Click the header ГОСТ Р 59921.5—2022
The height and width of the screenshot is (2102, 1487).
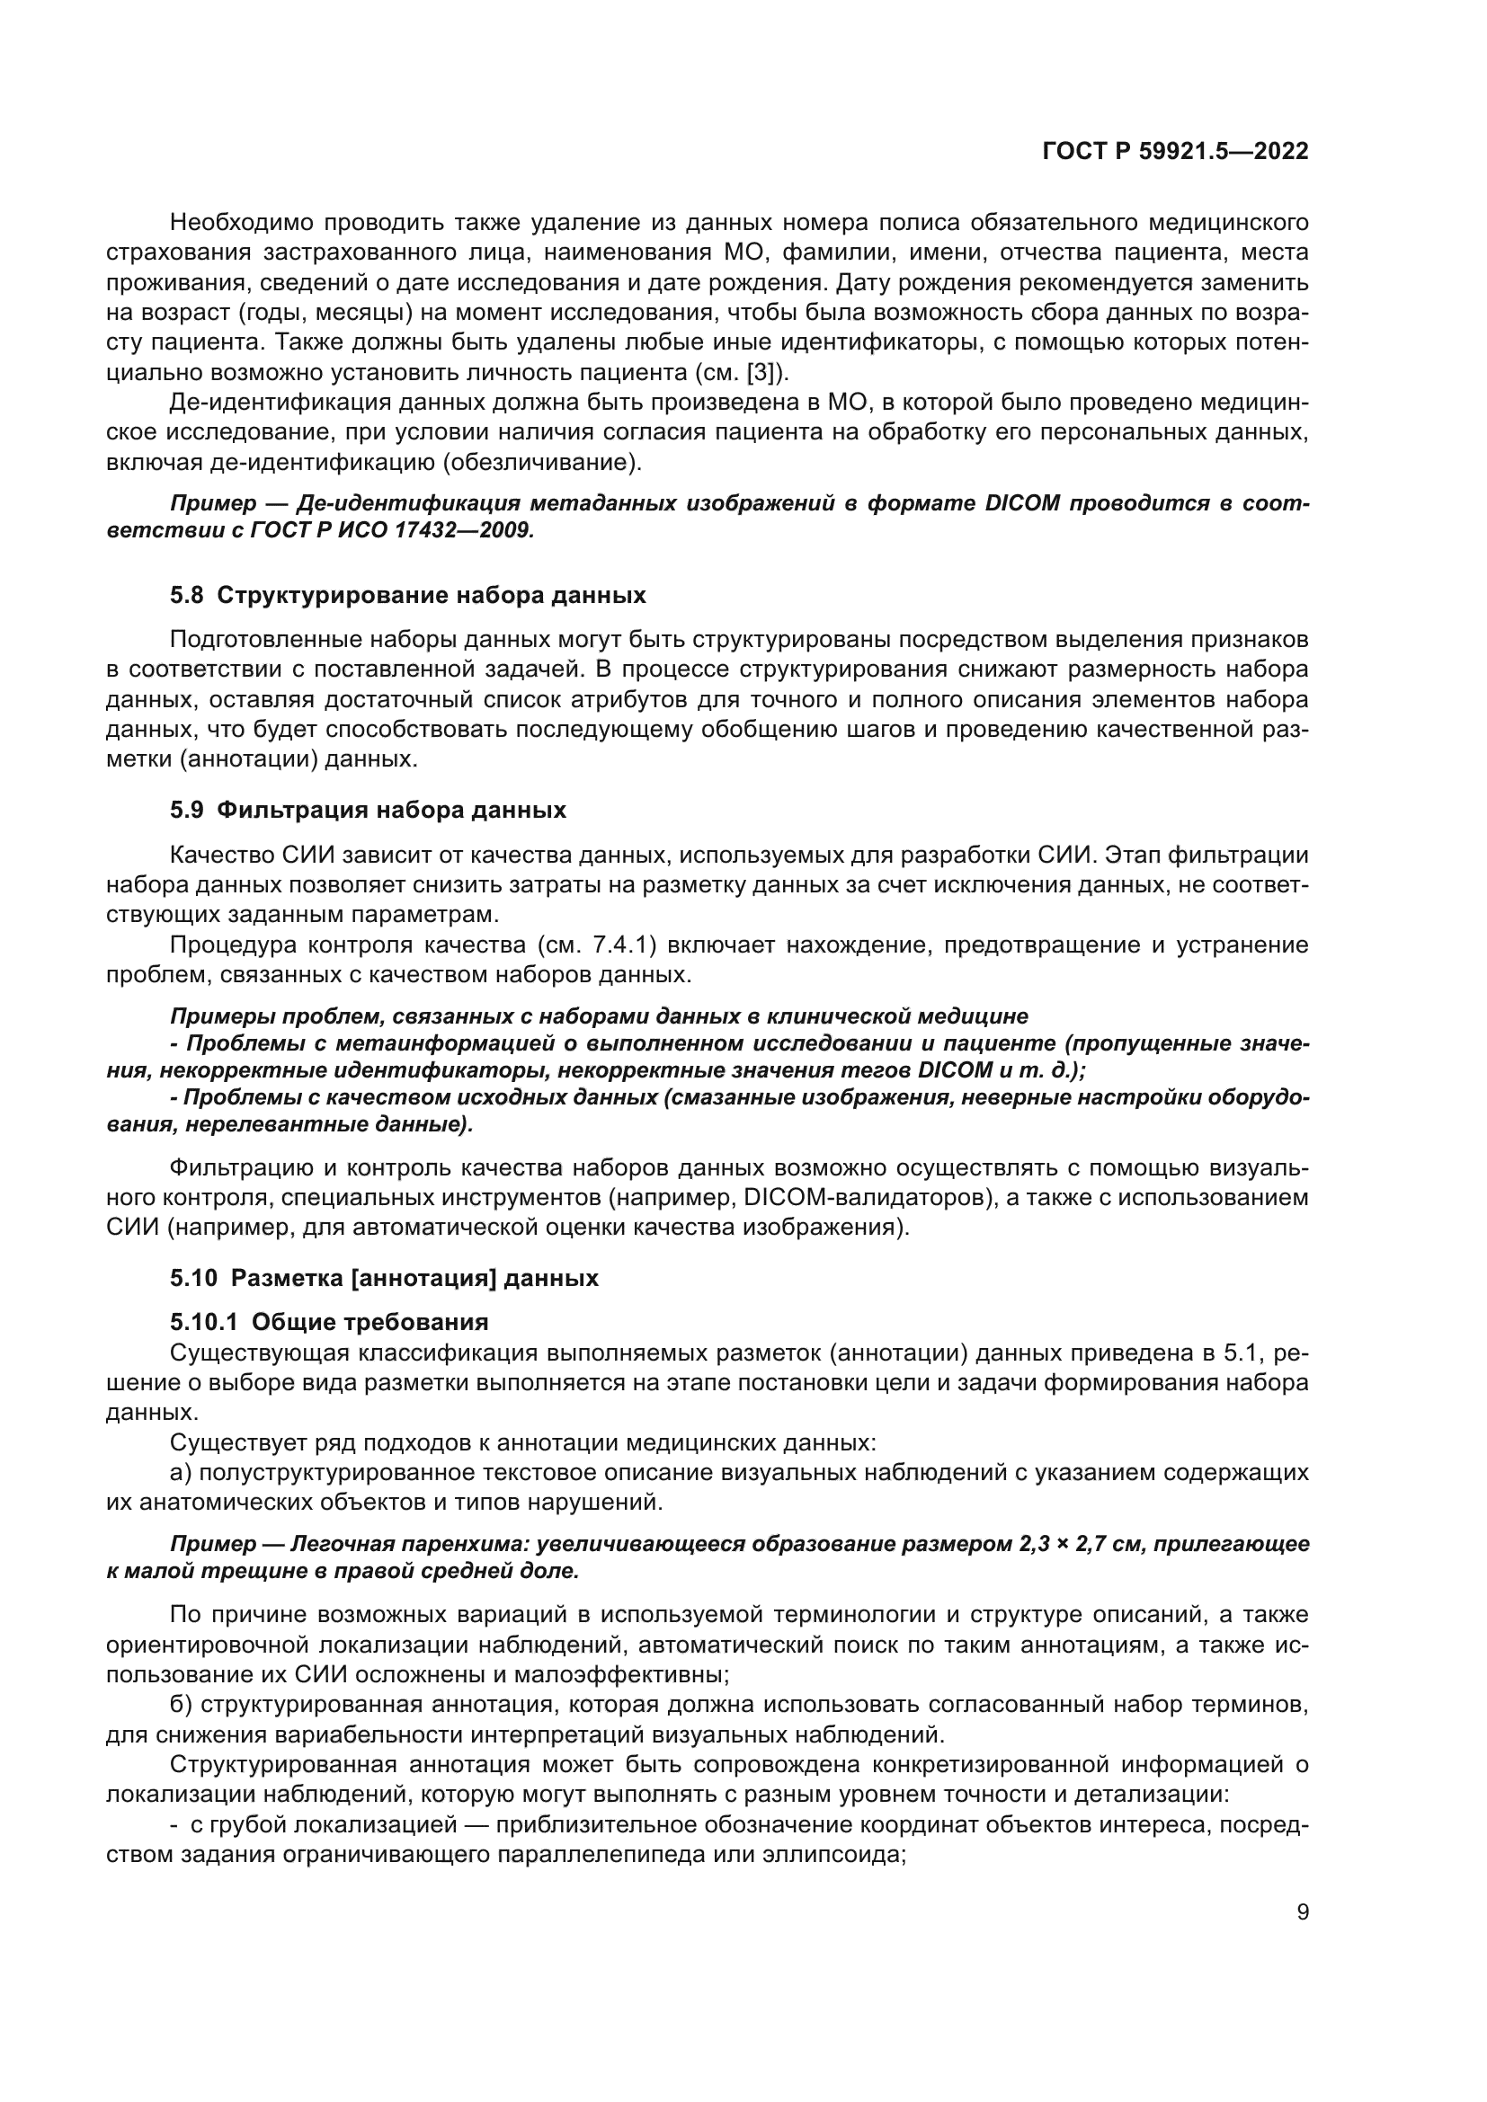1175,152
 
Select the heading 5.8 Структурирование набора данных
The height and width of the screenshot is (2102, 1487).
407,595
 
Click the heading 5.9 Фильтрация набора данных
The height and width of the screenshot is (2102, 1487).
367,810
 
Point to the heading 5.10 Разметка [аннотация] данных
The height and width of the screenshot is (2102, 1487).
384,1277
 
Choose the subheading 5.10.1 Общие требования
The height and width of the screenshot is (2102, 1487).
329,1321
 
